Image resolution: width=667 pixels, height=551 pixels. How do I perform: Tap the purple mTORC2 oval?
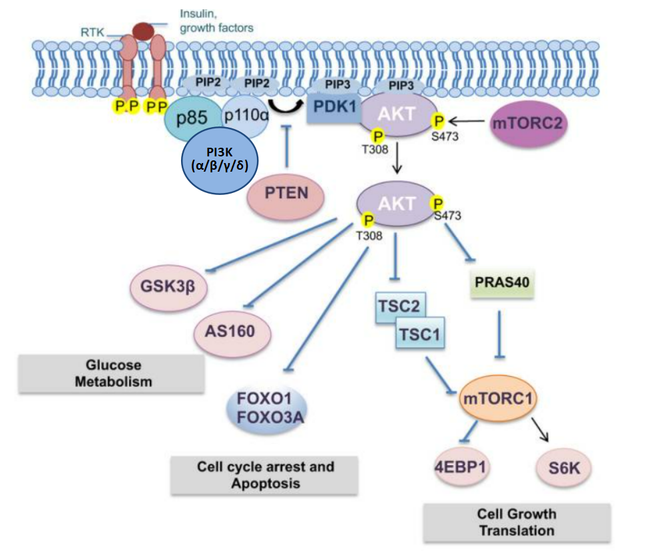pos(529,123)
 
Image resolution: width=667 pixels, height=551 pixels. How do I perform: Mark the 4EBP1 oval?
pos(459,468)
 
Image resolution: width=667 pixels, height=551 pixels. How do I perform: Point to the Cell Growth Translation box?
pos(517,522)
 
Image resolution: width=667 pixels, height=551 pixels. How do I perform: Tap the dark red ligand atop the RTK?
pos(140,30)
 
